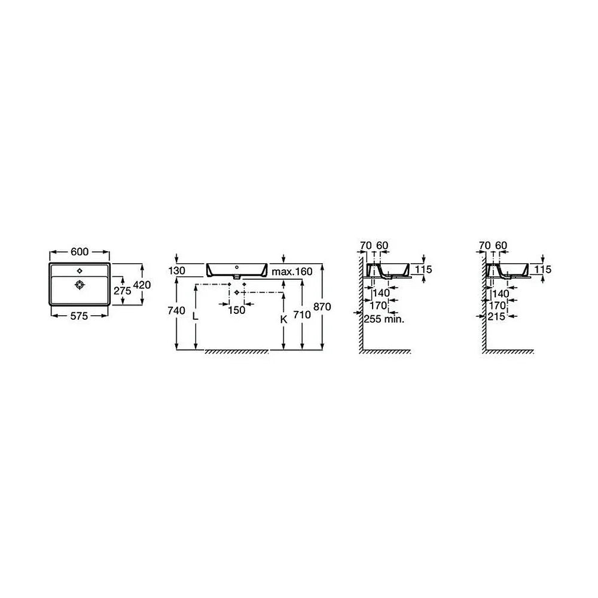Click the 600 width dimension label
tap(80, 252)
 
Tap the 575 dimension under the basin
tap(79, 316)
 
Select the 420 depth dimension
tap(142, 285)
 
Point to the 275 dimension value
tap(123, 291)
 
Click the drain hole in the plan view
tap(80, 285)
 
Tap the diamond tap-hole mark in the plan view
tap(80, 271)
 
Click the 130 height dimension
tap(176, 271)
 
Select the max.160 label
tap(292, 271)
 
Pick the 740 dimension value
tap(176, 310)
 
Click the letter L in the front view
tap(196, 316)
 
